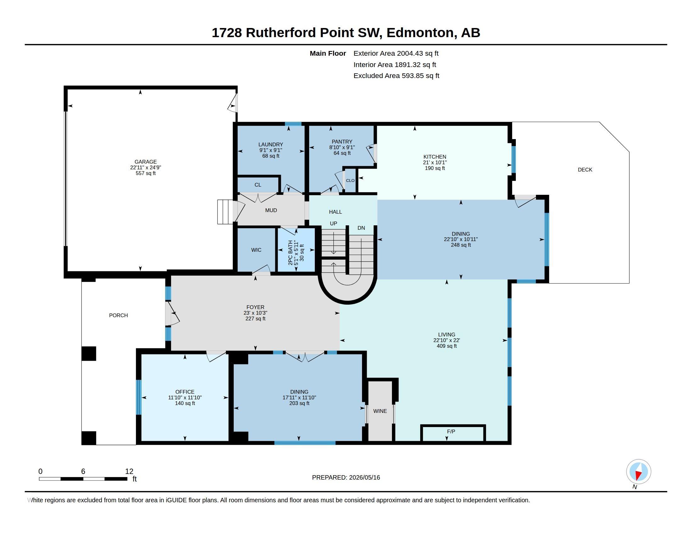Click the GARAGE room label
coord(145,162)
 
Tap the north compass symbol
coord(639,472)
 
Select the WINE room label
coord(380,411)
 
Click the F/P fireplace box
coord(453,433)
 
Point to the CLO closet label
coord(350,180)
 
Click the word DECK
coord(585,170)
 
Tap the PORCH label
coord(119,315)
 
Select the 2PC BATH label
coord(291,253)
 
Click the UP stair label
coord(333,223)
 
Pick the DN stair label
coord(361,228)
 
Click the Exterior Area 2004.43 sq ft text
coord(396,53)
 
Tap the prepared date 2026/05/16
coord(364,477)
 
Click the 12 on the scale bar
coord(129,471)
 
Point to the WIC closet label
coord(256,250)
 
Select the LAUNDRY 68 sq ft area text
coord(271,156)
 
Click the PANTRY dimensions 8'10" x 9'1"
coord(342,147)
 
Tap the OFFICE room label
coord(185,392)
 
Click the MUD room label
coord(271,210)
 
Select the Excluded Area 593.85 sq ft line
coord(396,76)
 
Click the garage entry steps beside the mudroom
coord(225,212)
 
